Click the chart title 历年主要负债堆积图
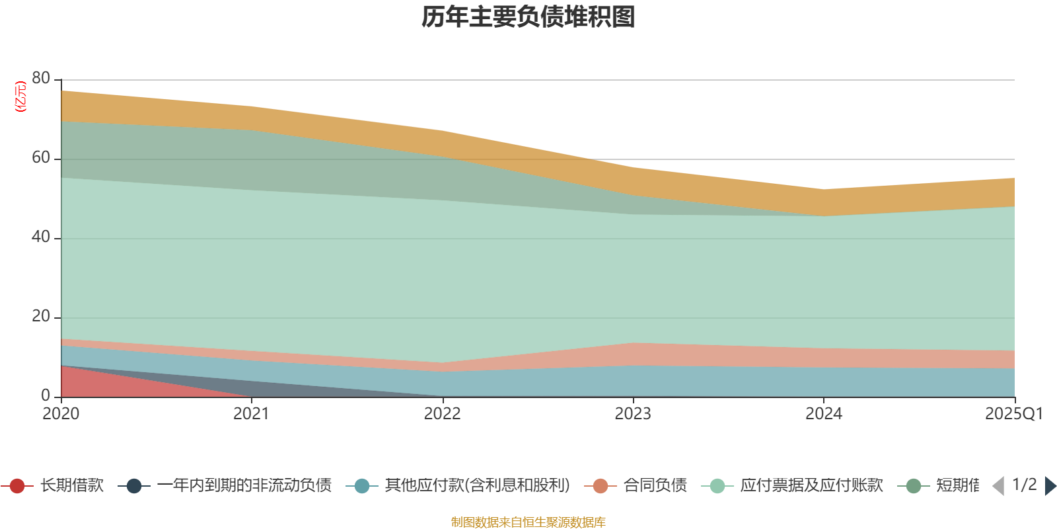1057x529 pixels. point(528,17)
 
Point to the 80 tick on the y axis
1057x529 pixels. point(41,79)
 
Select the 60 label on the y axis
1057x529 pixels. point(41,158)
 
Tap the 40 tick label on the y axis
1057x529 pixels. point(41,237)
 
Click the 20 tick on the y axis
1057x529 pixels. point(41,317)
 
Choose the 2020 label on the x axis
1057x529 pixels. point(61,414)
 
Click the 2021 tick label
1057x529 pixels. point(252,414)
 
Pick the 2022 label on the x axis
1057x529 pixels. point(442,414)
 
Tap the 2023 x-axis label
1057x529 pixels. point(633,414)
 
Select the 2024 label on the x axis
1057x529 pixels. point(824,414)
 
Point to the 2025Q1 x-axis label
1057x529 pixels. point(1013,414)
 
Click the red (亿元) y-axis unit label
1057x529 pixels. point(21,97)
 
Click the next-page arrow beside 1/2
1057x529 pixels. point(1050,486)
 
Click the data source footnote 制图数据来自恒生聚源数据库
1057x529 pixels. point(528,522)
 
